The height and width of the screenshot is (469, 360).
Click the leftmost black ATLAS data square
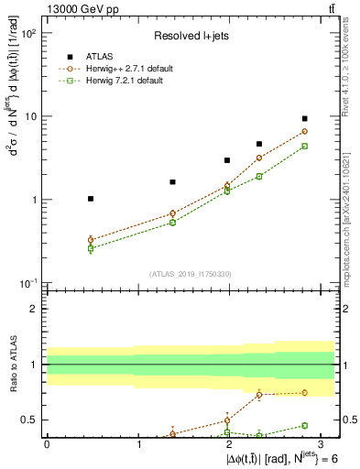pyautogui.click(x=90, y=199)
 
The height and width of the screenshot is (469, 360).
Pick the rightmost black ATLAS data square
pyautogui.click(x=305, y=118)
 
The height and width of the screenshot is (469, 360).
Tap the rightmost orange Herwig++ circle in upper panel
pyautogui.click(x=305, y=131)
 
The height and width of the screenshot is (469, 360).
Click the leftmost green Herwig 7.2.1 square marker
pyautogui.click(x=90, y=248)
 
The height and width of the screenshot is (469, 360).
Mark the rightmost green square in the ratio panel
pyautogui.click(x=305, y=425)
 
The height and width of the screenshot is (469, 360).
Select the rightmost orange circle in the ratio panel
pyautogui.click(x=305, y=393)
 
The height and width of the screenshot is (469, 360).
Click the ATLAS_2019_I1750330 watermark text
pyautogui.click(x=191, y=273)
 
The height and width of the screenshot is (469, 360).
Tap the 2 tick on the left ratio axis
pyautogui.click(x=38, y=309)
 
